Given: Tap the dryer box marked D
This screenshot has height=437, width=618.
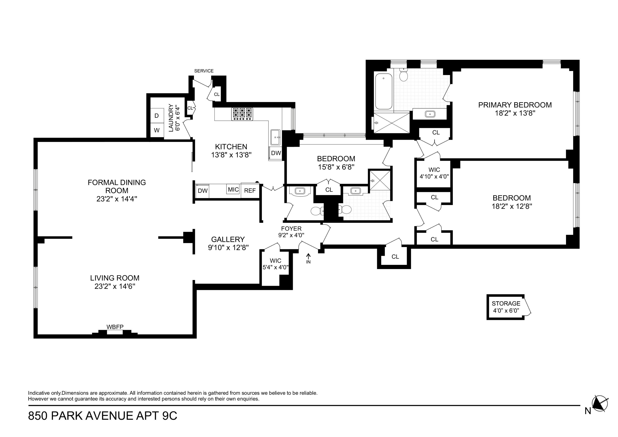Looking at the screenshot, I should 157,116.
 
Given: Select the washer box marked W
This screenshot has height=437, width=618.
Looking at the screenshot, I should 157,130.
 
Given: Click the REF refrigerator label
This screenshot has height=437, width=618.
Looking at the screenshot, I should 250,191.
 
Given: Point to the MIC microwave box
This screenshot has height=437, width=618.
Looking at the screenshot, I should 233,190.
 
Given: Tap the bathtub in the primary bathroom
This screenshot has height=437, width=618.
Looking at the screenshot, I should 384,91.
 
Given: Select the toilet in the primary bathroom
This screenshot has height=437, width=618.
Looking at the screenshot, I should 404,75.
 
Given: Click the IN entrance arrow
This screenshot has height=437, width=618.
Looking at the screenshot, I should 308,259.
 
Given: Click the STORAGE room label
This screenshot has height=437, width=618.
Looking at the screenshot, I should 506,303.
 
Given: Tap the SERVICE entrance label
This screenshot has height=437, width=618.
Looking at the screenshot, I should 204,71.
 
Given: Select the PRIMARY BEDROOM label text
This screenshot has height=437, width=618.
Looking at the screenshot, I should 515,105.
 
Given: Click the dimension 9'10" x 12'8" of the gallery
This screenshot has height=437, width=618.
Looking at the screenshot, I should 228,248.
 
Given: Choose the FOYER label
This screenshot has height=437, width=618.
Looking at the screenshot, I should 291,229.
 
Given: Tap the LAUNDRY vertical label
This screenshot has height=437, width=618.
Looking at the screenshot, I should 171,118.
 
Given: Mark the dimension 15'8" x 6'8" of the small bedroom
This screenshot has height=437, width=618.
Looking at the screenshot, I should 336,167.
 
